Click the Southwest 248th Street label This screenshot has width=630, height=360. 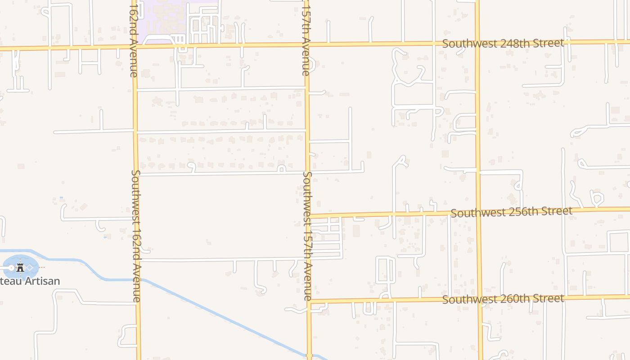(503, 43)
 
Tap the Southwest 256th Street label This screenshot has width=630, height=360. (511, 211)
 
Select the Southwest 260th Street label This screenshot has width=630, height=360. (503, 299)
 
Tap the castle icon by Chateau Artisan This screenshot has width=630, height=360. (20, 267)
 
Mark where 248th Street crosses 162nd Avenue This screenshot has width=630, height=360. (135, 46)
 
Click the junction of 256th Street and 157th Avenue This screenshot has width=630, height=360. (309, 216)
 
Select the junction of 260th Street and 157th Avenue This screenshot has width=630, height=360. (309, 301)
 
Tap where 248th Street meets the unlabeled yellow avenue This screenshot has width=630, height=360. (477, 43)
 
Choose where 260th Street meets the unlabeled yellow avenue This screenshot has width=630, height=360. (480, 298)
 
